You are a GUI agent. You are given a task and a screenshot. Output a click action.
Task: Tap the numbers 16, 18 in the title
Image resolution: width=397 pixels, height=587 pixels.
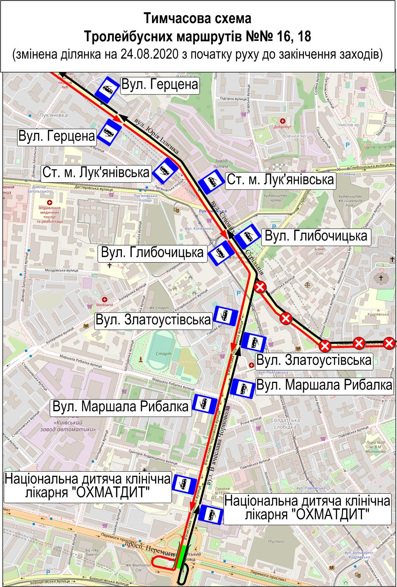[291, 36]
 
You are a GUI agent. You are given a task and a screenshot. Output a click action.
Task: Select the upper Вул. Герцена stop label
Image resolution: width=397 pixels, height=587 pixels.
[160, 85]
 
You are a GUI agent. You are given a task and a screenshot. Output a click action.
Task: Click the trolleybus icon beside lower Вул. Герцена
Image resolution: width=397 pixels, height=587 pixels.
[110, 132]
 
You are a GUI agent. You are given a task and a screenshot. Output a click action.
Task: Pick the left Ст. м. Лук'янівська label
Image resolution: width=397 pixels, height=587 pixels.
[96, 173]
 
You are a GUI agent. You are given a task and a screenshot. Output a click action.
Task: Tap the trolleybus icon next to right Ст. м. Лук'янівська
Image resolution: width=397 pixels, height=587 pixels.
[211, 183]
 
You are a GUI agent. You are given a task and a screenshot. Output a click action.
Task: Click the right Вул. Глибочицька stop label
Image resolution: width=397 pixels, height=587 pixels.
[316, 236]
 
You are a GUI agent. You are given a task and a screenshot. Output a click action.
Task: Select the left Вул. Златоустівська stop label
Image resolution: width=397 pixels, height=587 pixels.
[153, 319]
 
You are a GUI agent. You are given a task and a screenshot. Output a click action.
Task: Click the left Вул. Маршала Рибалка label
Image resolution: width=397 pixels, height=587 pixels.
[121, 406]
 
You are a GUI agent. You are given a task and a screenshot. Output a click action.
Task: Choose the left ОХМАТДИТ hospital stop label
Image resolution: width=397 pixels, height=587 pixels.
[88, 486]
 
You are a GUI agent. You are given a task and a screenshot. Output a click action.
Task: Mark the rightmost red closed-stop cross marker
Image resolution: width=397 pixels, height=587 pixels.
[389, 343]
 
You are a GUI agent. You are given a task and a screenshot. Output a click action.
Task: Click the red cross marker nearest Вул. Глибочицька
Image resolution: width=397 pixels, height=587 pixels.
[260, 288]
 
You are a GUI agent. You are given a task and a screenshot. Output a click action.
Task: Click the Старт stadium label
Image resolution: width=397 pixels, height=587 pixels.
[163, 353]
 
